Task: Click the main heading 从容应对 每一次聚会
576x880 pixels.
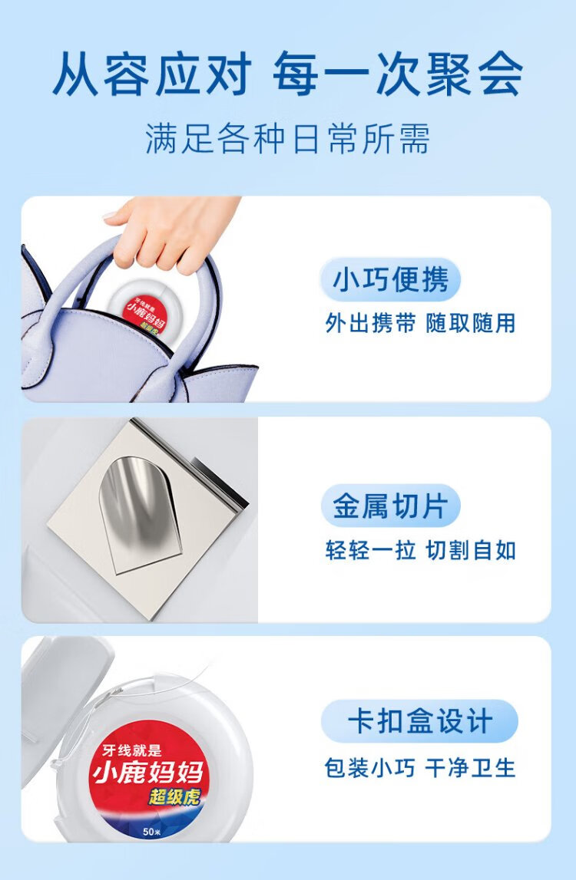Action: (x=288, y=74)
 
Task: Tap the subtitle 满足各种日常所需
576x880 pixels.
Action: (x=288, y=138)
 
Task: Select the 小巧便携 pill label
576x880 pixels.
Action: (x=391, y=279)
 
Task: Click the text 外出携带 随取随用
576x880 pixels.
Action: (x=420, y=323)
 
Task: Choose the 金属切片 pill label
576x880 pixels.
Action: (x=391, y=507)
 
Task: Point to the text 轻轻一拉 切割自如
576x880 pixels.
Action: (x=420, y=551)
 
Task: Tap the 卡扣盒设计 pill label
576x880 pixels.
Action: (x=419, y=722)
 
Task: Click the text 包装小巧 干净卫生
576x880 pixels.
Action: (x=420, y=768)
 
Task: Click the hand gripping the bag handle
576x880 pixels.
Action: (x=169, y=230)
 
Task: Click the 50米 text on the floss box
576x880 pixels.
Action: (x=152, y=831)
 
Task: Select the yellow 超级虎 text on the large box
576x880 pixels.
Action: (x=174, y=796)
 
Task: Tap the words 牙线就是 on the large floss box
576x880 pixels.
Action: (x=132, y=751)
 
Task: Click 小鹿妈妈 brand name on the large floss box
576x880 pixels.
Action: (x=147, y=773)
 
